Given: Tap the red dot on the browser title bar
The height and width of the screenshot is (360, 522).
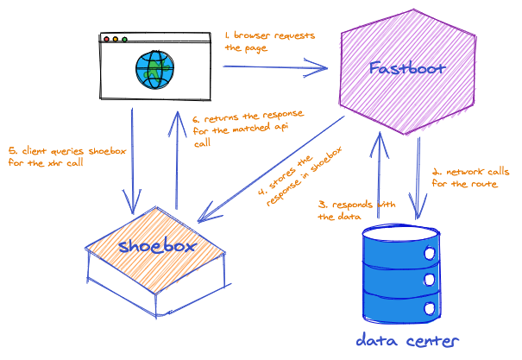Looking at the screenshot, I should coord(107,39).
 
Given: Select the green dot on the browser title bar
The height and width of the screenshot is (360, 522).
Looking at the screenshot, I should coord(124,39).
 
